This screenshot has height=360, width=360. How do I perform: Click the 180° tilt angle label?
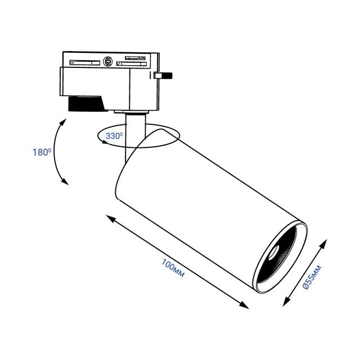tap(42, 152)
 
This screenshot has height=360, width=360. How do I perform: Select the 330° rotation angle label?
tap(114, 136)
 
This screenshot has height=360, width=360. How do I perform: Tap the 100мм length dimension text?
tap(173, 268)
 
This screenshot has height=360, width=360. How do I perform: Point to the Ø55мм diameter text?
tap(312, 277)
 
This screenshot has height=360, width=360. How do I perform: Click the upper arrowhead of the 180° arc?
tap(63, 122)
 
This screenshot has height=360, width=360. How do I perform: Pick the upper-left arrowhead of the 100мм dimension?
tap(110, 218)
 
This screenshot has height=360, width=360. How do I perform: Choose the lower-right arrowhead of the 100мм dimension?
tap(244, 305)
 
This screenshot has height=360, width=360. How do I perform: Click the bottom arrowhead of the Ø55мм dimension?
tap(286, 302)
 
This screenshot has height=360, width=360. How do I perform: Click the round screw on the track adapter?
tap(108, 61)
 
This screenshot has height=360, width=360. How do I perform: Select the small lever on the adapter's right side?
tap(163, 75)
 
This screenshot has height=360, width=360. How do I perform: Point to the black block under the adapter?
tap(86, 103)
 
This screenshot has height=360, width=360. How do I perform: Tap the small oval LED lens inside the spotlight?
tap(274, 253)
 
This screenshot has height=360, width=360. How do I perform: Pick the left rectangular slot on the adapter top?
tap(85, 62)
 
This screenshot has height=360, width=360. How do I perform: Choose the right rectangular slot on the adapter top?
tap(132, 64)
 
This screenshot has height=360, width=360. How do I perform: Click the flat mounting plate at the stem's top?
tap(131, 112)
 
